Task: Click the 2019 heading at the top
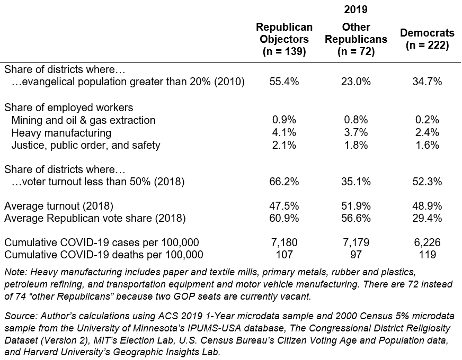point(356,10)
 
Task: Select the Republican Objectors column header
point(284,39)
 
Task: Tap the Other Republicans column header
point(356,39)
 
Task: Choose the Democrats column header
point(427,39)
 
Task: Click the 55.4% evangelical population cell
point(284,82)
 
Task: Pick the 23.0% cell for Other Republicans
point(356,82)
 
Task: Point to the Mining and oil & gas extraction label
point(83,120)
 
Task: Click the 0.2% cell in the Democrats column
point(427,120)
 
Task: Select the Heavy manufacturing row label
point(61,133)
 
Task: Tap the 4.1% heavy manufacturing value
point(284,132)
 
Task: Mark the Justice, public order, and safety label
point(86,145)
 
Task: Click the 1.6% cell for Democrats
point(427,145)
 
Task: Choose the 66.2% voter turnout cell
point(284,182)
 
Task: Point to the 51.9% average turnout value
point(356,206)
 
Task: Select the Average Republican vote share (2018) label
point(95,219)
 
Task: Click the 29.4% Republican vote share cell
point(427,219)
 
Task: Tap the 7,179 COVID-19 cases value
point(356,242)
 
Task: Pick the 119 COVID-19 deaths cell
point(427,255)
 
